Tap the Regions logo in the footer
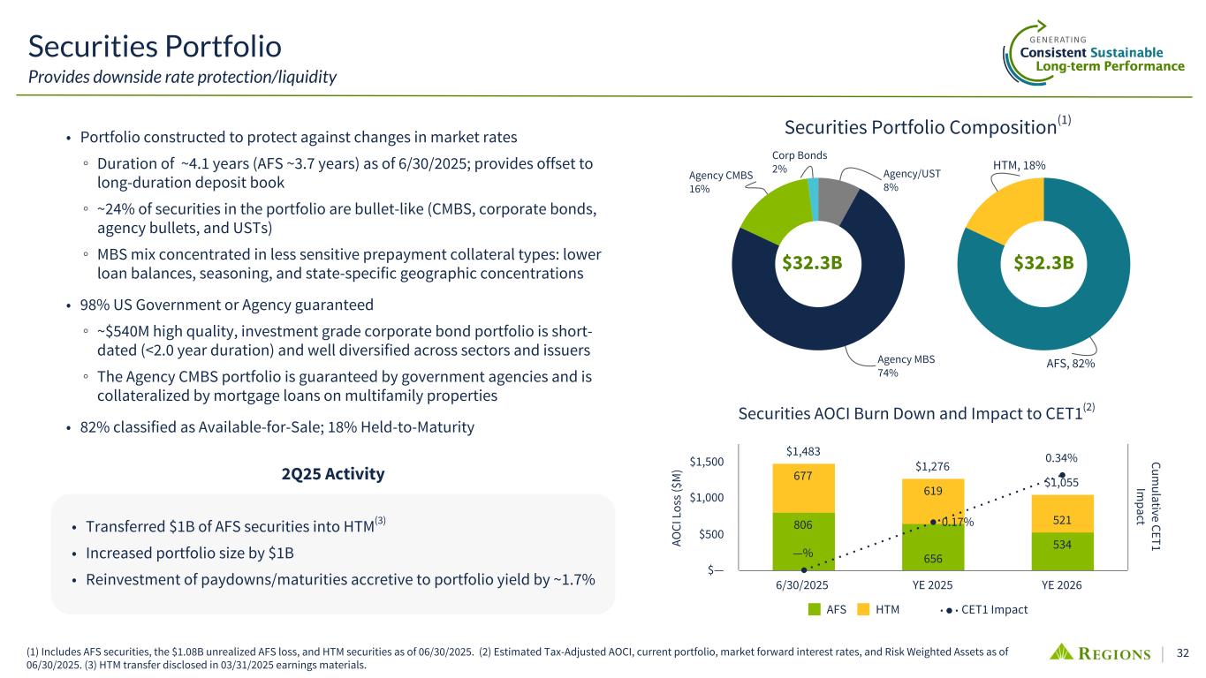click(1100, 653)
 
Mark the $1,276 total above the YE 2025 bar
click(933, 466)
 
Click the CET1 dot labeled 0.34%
click(1061, 477)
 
